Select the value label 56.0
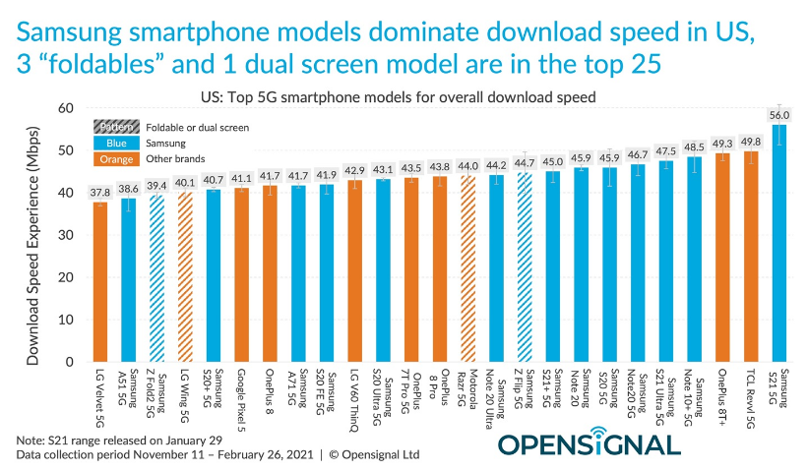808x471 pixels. (779, 115)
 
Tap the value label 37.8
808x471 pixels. (98, 193)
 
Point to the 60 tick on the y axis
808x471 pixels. (66, 108)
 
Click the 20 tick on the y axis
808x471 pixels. (66, 277)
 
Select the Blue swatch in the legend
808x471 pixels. (116, 143)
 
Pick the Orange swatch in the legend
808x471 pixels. (116, 158)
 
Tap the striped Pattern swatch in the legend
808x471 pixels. (116, 127)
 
